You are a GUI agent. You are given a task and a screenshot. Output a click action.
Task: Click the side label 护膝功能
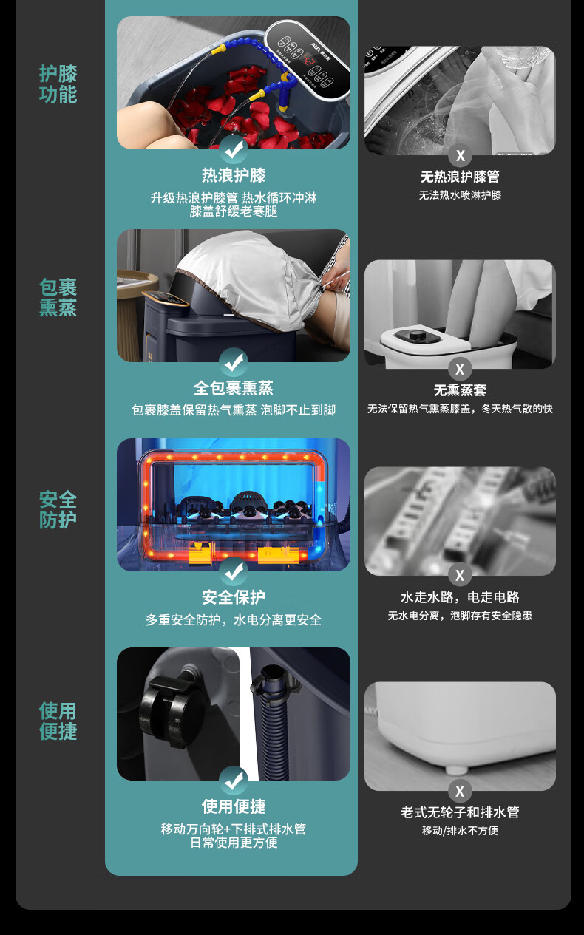click(58, 84)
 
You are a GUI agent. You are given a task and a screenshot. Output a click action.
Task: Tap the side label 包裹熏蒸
click(58, 297)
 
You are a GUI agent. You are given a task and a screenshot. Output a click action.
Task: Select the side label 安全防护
click(58, 510)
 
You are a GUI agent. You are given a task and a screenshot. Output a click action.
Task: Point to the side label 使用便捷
click(58, 721)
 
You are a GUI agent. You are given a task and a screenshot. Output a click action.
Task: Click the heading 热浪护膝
click(234, 175)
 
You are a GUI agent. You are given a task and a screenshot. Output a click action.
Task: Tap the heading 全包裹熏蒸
click(234, 388)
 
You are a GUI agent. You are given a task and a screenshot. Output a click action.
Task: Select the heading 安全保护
click(234, 597)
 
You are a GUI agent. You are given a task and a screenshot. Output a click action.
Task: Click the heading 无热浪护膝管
click(460, 177)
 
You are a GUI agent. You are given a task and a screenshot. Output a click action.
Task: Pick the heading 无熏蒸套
click(460, 390)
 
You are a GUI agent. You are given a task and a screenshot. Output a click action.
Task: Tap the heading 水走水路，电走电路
click(460, 597)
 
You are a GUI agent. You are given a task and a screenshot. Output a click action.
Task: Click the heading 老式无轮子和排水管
click(460, 812)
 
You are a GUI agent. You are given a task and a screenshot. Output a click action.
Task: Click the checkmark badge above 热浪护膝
click(234, 149)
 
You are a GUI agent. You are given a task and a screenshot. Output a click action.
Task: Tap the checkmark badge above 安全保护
click(234, 571)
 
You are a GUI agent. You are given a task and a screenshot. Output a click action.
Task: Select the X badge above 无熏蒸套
click(460, 369)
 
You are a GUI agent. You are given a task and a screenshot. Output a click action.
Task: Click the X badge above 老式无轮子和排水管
click(460, 791)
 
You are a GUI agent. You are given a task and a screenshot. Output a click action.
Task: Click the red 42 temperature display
click(310, 61)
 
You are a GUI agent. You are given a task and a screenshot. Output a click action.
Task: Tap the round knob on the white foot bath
click(415, 335)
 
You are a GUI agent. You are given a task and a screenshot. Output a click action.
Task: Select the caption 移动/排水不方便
click(460, 831)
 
